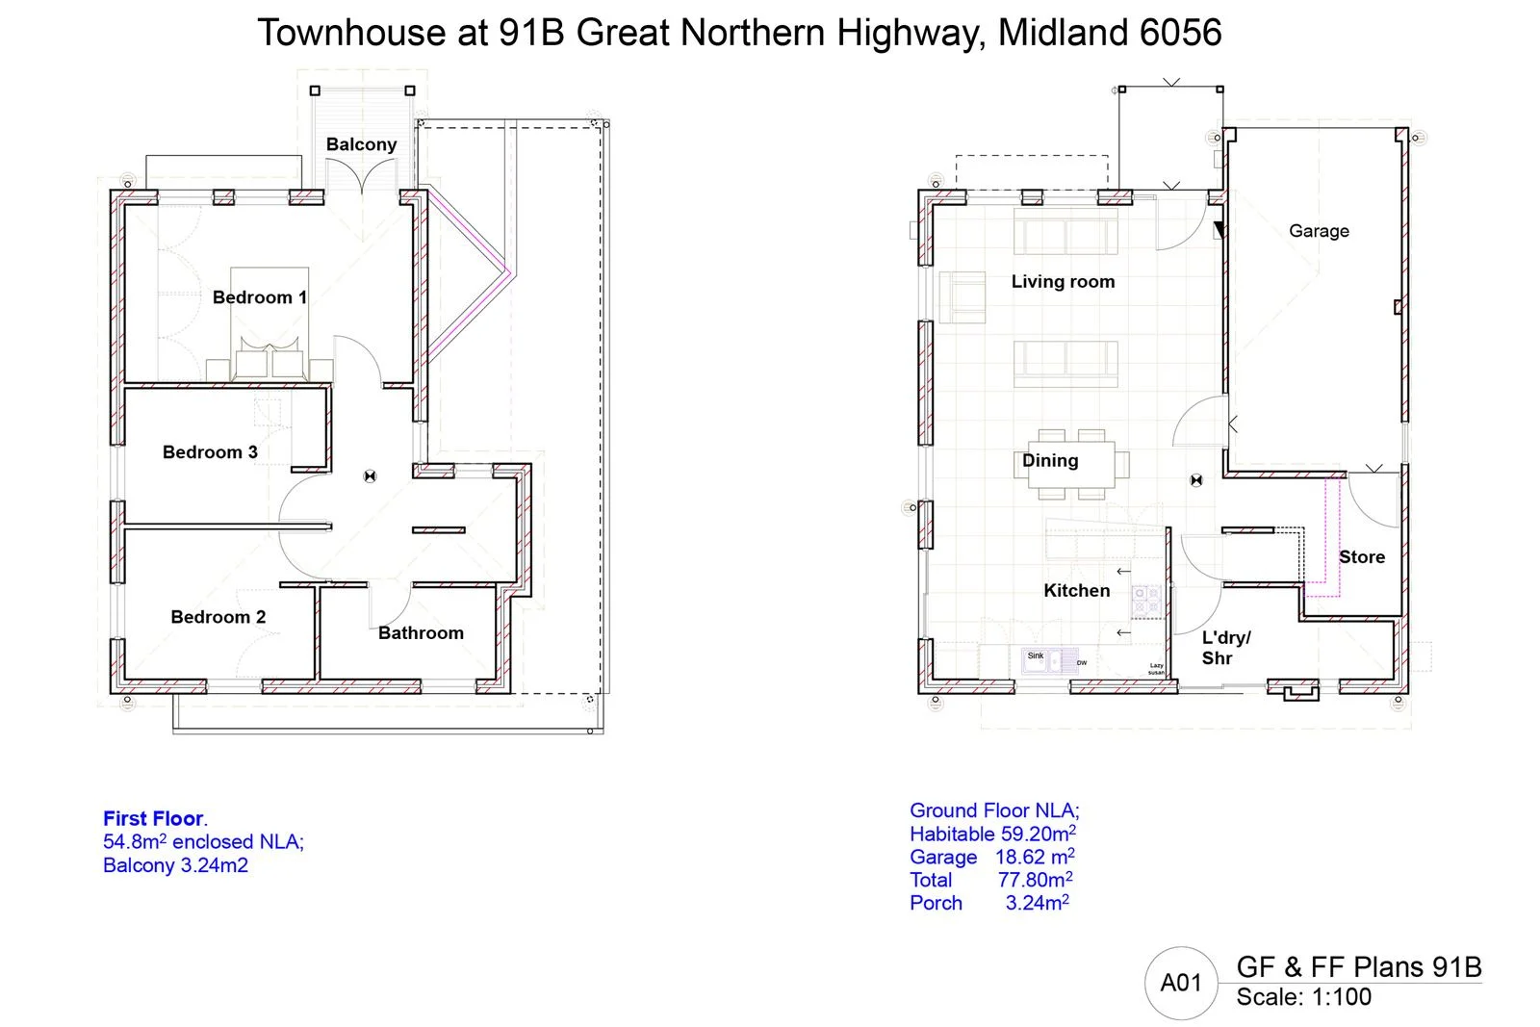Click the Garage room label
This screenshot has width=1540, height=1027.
tap(1319, 231)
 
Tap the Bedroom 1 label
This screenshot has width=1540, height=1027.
tap(259, 297)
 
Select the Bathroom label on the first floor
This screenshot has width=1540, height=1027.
tap(421, 632)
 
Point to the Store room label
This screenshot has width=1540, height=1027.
tap(1362, 556)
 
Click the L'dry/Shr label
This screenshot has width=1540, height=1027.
tap(1224, 648)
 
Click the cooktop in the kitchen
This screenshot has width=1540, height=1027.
tap(1145, 602)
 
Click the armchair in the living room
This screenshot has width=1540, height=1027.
tap(962, 296)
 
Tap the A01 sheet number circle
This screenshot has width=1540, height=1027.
tap(1180, 983)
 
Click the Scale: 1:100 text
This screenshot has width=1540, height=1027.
tap(1303, 997)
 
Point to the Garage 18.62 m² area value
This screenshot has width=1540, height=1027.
tap(1034, 857)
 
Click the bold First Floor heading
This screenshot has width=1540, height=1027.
tap(154, 819)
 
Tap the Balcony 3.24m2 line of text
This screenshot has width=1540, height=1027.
tap(175, 865)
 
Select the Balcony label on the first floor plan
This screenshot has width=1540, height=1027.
tap(361, 144)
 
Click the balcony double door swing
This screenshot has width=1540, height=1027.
tap(363, 178)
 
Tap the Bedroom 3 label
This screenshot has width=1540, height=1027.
tap(210, 452)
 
